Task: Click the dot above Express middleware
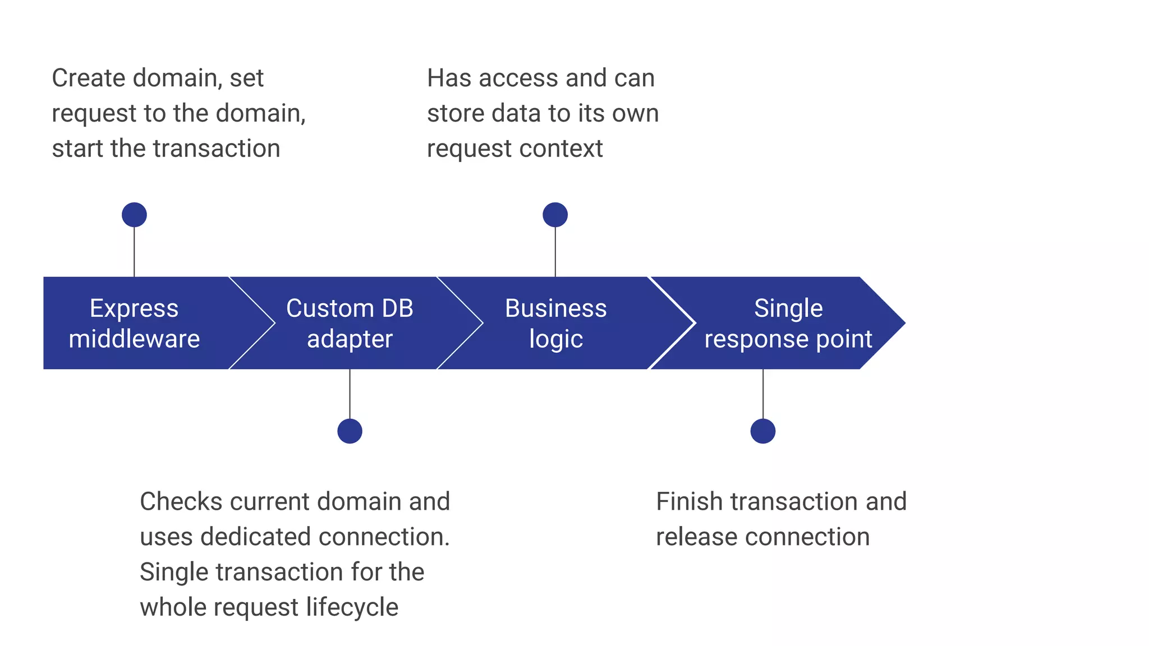134,215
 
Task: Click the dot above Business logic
555,215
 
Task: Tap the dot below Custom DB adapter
350,431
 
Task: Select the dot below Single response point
762,431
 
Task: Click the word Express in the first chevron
134,308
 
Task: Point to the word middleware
134,339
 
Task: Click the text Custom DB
350,308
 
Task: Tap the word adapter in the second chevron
350,339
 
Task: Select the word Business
555,308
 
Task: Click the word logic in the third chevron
555,339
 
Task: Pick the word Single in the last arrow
788,308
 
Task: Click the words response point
788,339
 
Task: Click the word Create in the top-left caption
88,78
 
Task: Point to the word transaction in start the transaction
217,149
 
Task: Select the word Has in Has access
448,78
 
